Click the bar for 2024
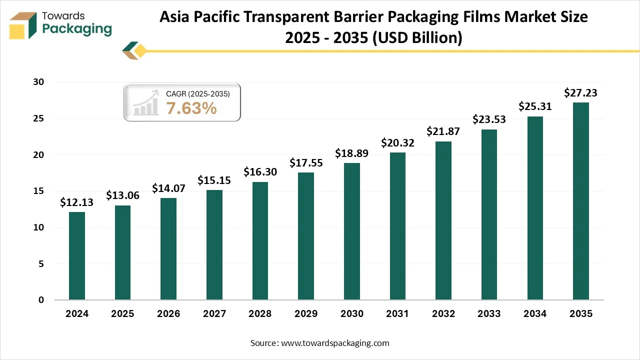coord(77,256)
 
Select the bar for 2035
coord(580,201)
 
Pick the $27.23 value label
coord(580,93)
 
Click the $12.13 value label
coord(76,202)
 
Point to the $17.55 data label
coord(306,163)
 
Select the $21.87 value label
coord(443,131)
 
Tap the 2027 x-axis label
coord(214,314)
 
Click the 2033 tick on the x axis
coord(489,314)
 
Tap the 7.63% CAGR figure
coord(191,107)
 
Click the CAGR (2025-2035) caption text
coord(197,93)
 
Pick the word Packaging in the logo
coord(77,29)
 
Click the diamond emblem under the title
coord(135,51)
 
